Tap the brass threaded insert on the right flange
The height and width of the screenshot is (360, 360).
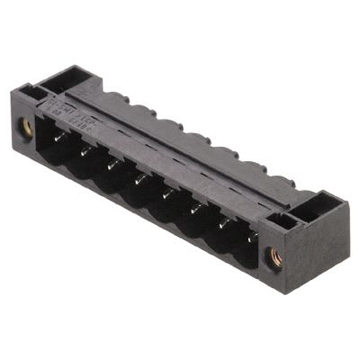[276, 256]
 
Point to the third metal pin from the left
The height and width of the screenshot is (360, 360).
[112, 164]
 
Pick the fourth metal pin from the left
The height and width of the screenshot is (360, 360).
[139, 179]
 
